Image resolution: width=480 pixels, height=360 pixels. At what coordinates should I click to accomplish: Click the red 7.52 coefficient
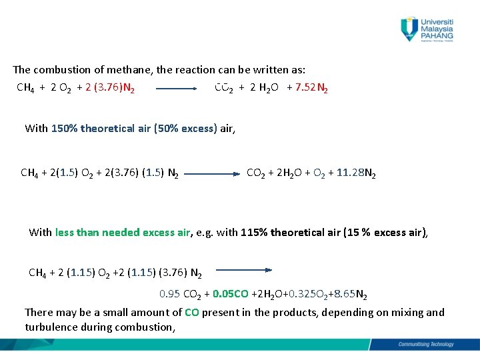305,87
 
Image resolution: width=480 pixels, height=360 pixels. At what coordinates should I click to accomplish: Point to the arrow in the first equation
176,87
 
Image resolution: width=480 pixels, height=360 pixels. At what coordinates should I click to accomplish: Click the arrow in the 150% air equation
212,173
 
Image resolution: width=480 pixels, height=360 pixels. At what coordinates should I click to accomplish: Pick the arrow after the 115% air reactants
243,270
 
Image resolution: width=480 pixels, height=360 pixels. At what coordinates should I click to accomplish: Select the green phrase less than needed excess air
123,232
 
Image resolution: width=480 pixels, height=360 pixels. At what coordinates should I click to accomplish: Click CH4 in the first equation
26,87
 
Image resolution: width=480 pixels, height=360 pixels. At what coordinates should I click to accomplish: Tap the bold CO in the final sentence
192,312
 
